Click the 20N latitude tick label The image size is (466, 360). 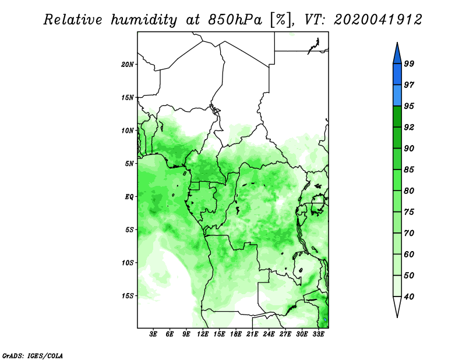pyautogui.click(x=127, y=64)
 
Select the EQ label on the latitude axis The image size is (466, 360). pyautogui.click(x=129, y=197)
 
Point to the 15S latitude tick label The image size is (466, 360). pyautogui.click(x=128, y=296)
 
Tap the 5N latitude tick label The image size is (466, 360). pyautogui.click(x=129, y=164)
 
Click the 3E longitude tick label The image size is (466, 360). pyautogui.click(x=153, y=334)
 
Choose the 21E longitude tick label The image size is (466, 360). pyautogui.click(x=252, y=334)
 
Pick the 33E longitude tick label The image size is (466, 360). pyautogui.click(x=318, y=334)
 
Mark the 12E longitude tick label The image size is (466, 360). pyautogui.click(x=202, y=334)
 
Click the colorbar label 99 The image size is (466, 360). pyautogui.click(x=409, y=63)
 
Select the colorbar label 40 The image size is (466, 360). pyautogui.click(x=409, y=297)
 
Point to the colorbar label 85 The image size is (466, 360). pyautogui.click(x=409, y=170)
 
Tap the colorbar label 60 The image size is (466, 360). pyautogui.click(x=409, y=254)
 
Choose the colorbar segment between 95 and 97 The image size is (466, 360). pyautogui.click(x=397, y=96)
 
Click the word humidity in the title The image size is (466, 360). pyautogui.click(x=144, y=20)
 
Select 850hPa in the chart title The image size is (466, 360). pyautogui.click(x=235, y=20)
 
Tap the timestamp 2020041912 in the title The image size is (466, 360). pyautogui.click(x=377, y=20)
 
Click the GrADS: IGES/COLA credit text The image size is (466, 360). pyautogui.click(x=33, y=355)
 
